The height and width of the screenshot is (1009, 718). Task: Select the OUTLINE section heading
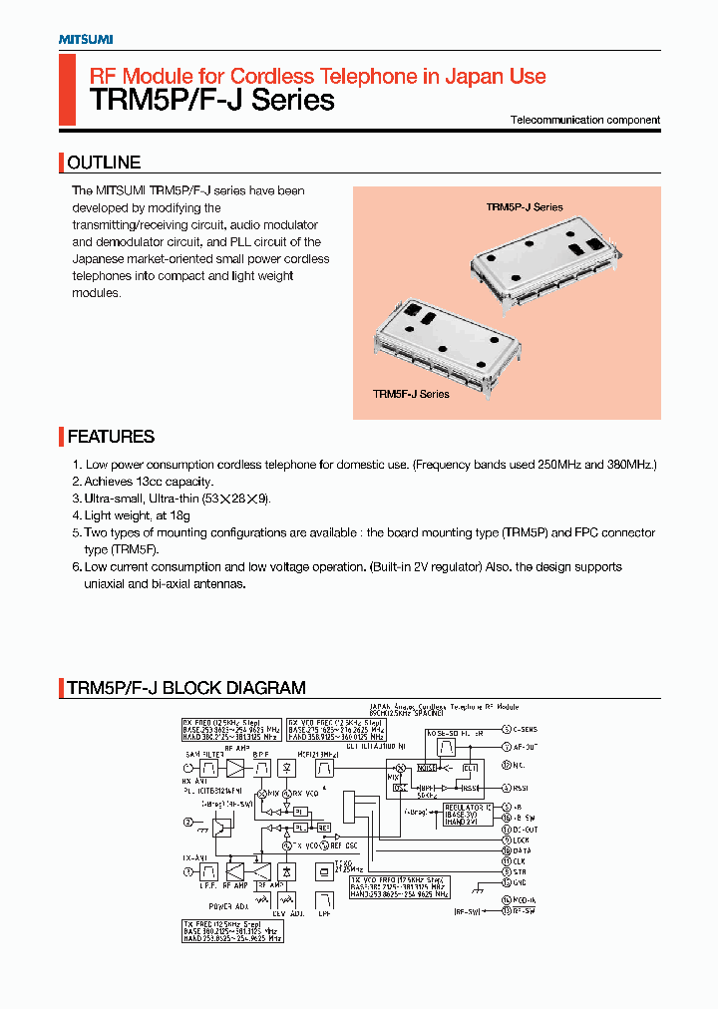(x=104, y=163)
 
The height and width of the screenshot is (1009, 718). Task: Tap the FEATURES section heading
(x=111, y=437)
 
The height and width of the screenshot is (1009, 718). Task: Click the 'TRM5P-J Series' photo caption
(x=525, y=207)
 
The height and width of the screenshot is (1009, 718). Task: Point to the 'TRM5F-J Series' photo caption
(x=411, y=394)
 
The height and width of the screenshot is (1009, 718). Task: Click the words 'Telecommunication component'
(x=585, y=120)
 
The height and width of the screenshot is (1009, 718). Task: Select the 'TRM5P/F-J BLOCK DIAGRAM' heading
(x=186, y=688)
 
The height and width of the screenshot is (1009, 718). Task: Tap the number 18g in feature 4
(x=179, y=515)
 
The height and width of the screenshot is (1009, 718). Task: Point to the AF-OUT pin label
(x=525, y=746)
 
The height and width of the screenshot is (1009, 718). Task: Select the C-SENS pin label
(x=526, y=730)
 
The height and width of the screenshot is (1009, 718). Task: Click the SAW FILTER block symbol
(x=209, y=769)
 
